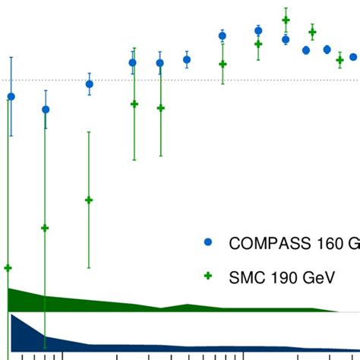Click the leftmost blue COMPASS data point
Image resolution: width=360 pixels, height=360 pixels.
(11, 96)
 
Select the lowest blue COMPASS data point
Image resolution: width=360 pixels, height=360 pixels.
(46, 109)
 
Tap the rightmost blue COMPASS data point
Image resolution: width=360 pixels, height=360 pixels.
(353, 56)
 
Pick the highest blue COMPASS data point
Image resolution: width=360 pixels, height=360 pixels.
(259, 31)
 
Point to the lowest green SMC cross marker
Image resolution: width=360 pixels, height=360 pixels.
(8, 268)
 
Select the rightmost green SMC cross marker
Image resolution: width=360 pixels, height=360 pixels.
(339, 60)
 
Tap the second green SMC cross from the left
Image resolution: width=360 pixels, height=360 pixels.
(45, 228)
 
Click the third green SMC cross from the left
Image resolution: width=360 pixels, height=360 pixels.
(89, 201)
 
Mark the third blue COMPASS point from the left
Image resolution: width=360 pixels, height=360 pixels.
(90, 84)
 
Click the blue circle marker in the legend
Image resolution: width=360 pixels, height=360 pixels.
(208, 243)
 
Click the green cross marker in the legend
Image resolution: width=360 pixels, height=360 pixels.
(208, 277)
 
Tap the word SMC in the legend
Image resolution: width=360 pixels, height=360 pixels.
(245, 278)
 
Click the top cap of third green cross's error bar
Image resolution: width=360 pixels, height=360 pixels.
(89, 132)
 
